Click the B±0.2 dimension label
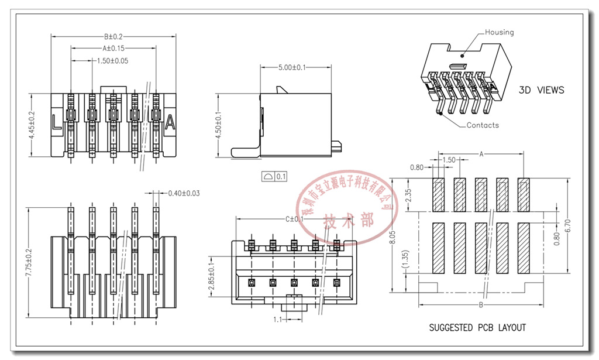tap(113, 37)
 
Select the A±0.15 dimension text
tap(113, 49)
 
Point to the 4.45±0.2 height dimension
tap(32, 125)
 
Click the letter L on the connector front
tap(57, 123)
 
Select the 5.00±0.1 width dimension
tap(292, 68)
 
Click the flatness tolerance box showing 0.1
tap(275, 176)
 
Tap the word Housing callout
tap(499, 32)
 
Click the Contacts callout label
tap(483, 125)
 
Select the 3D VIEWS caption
tap(542, 90)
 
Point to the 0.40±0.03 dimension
tap(184, 193)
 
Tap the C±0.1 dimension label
tap(294, 220)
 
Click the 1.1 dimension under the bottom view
tap(277, 320)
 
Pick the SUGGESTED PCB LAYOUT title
tap(477, 328)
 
